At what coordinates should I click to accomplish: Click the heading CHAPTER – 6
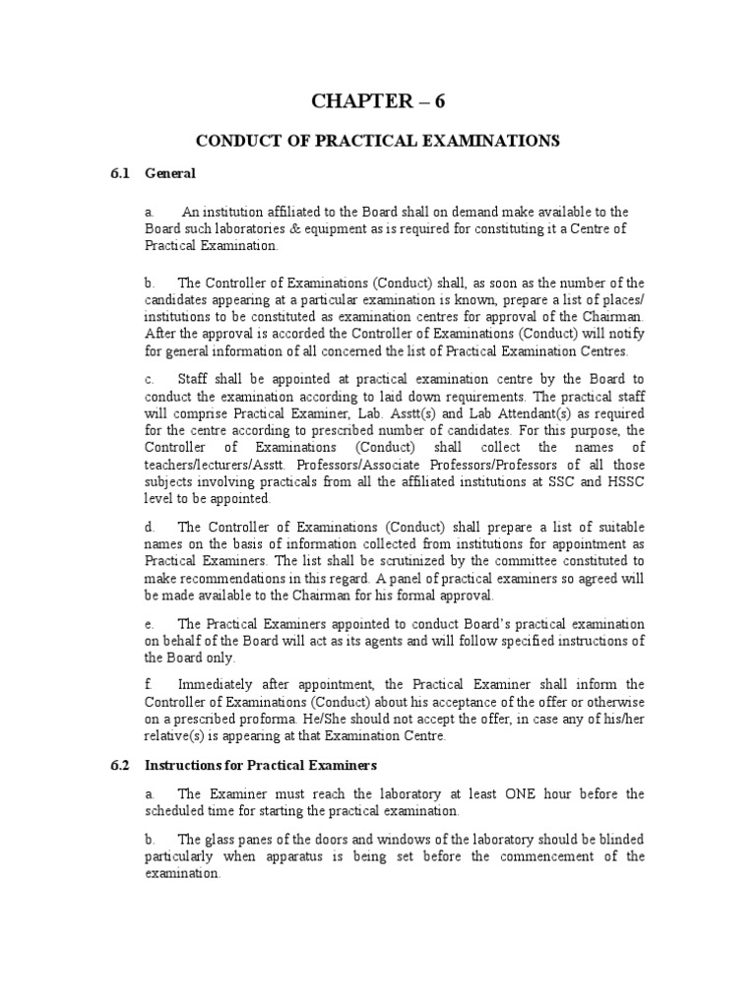point(378,101)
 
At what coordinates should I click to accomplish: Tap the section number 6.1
point(119,173)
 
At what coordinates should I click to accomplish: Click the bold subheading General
point(170,173)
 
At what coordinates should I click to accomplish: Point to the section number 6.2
point(119,765)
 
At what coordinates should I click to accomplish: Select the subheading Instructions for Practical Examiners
point(261,765)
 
